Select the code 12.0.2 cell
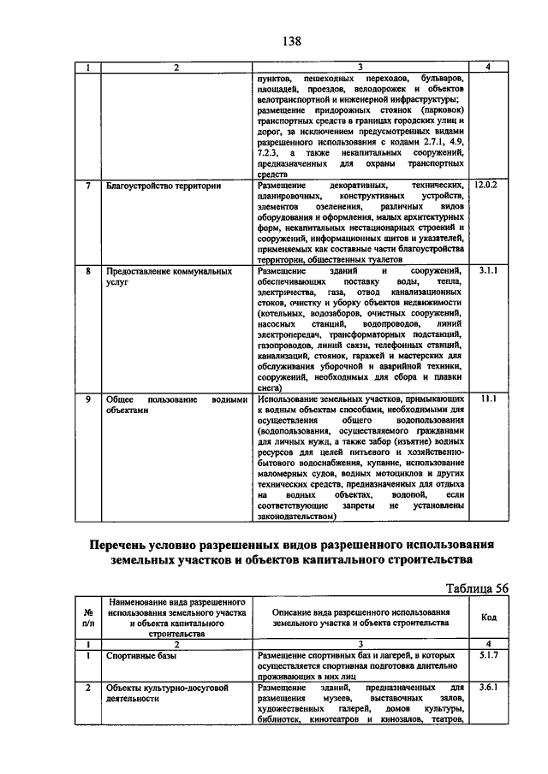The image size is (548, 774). click(485, 185)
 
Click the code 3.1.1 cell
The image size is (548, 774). click(485, 271)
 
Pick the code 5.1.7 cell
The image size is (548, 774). click(485, 654)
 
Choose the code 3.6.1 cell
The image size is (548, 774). click(485, 687)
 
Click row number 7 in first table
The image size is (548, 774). click(88, 185)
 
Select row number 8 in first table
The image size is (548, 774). click(88, 271)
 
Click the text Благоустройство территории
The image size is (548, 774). click(164, 185)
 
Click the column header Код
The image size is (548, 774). click(485, 618)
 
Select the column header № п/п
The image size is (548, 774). click(88, 618)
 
